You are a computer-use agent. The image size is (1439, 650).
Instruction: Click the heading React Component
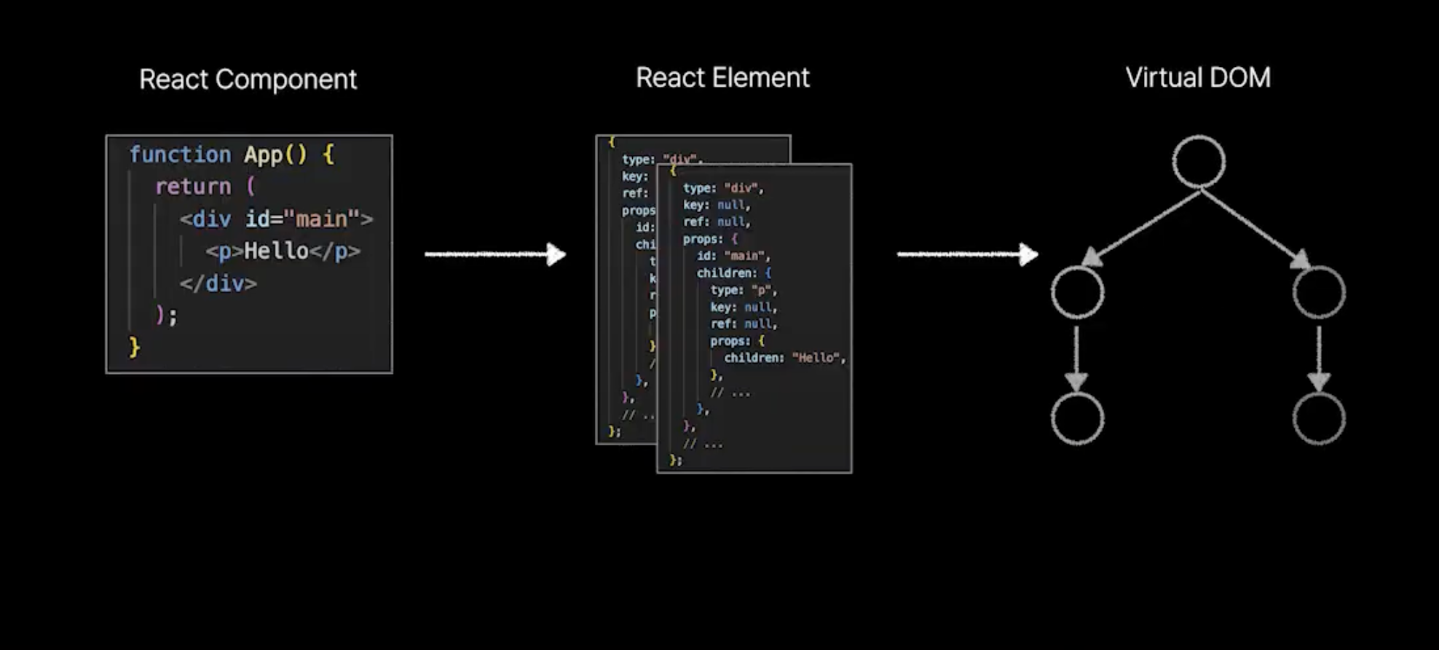coord(248,79)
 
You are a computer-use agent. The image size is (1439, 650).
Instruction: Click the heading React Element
coord(722,78)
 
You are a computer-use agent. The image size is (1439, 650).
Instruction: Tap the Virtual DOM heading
coord(1198,78)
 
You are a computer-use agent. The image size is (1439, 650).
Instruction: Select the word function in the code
coord(180,154)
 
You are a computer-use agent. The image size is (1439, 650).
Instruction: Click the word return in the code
coord(193,187)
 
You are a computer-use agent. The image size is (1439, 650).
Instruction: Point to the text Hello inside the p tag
coord(276,251)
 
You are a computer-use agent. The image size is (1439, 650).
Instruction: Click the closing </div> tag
coord(218,283)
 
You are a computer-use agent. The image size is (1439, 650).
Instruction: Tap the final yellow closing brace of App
coord(134,347)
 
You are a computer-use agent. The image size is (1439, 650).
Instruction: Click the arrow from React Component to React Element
coord(495,254)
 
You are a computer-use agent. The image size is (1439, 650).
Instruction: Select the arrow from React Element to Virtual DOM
coord(967,254)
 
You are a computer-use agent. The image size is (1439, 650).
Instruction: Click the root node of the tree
coord(1199,162)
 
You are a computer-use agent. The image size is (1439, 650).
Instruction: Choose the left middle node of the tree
coord(1077,292)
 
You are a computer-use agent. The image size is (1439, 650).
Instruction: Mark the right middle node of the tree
coord(1319,292)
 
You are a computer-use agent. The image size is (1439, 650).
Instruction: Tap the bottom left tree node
coord(1077,418)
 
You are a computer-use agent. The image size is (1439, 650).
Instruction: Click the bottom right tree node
coord(1319,418)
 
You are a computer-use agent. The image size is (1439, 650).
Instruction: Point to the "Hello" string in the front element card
coord(816,358)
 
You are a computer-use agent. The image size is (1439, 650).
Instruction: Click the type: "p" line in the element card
coord(744,290)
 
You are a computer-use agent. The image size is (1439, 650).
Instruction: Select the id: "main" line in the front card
coord(733,256)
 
